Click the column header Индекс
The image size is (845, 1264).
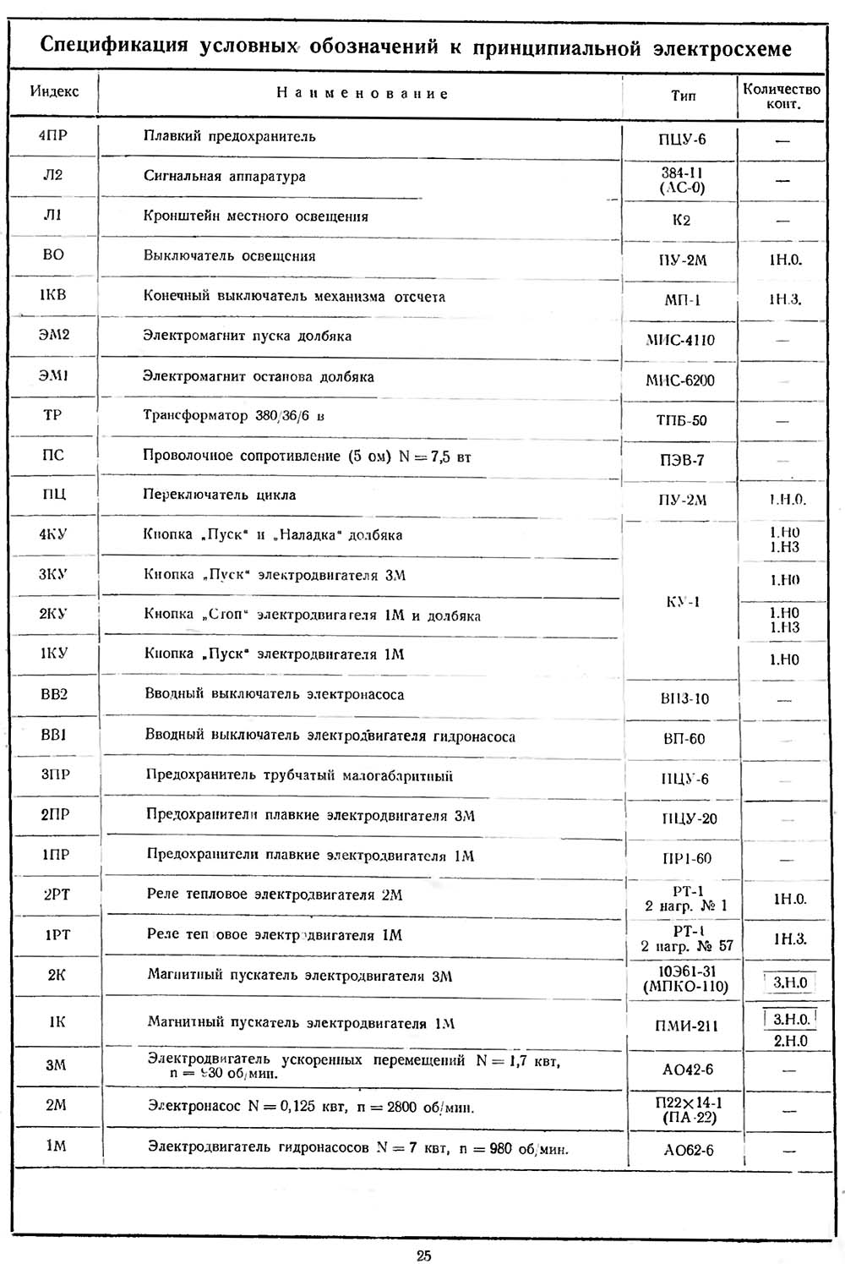point(54,91)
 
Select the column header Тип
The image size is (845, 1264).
point(683,96)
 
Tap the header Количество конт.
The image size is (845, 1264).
point(782,96)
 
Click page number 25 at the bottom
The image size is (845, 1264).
point(423,1255)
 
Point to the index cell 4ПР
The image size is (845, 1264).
point(52,135)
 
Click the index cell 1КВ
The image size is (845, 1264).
point(52,295)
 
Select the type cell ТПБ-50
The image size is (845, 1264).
point(681,420)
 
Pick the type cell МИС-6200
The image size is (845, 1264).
point(680,380)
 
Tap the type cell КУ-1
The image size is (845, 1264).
point(682,603)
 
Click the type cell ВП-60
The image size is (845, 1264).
point(684,739)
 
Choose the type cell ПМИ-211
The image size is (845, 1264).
point(686,1026)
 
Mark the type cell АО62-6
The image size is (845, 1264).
point(688,1150)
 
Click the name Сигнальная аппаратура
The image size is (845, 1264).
point(225,177)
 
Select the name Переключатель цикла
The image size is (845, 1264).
point(220,495)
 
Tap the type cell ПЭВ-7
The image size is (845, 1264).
point(682,460)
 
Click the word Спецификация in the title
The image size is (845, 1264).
point(113,47)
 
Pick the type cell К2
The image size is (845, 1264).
point(681,220)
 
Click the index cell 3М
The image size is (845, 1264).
point(56,1064)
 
